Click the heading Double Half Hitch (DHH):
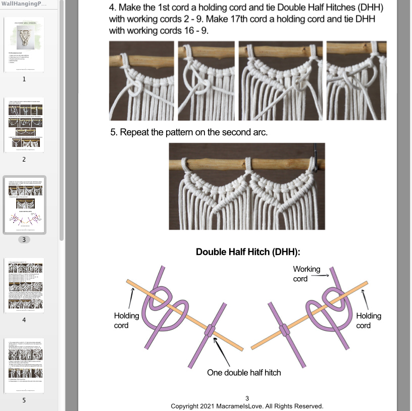[248, 252]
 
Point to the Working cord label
[306, 274]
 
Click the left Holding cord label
[126, 320]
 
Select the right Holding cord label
[369, 320]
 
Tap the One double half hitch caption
[244, 372]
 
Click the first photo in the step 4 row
[141, 81]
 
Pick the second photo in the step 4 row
[207, 81]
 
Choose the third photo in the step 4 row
[280, 81]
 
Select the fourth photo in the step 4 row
[356, 81]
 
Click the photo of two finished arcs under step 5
[247, 186]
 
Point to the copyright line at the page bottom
[247, 406]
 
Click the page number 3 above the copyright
[247, 398]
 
